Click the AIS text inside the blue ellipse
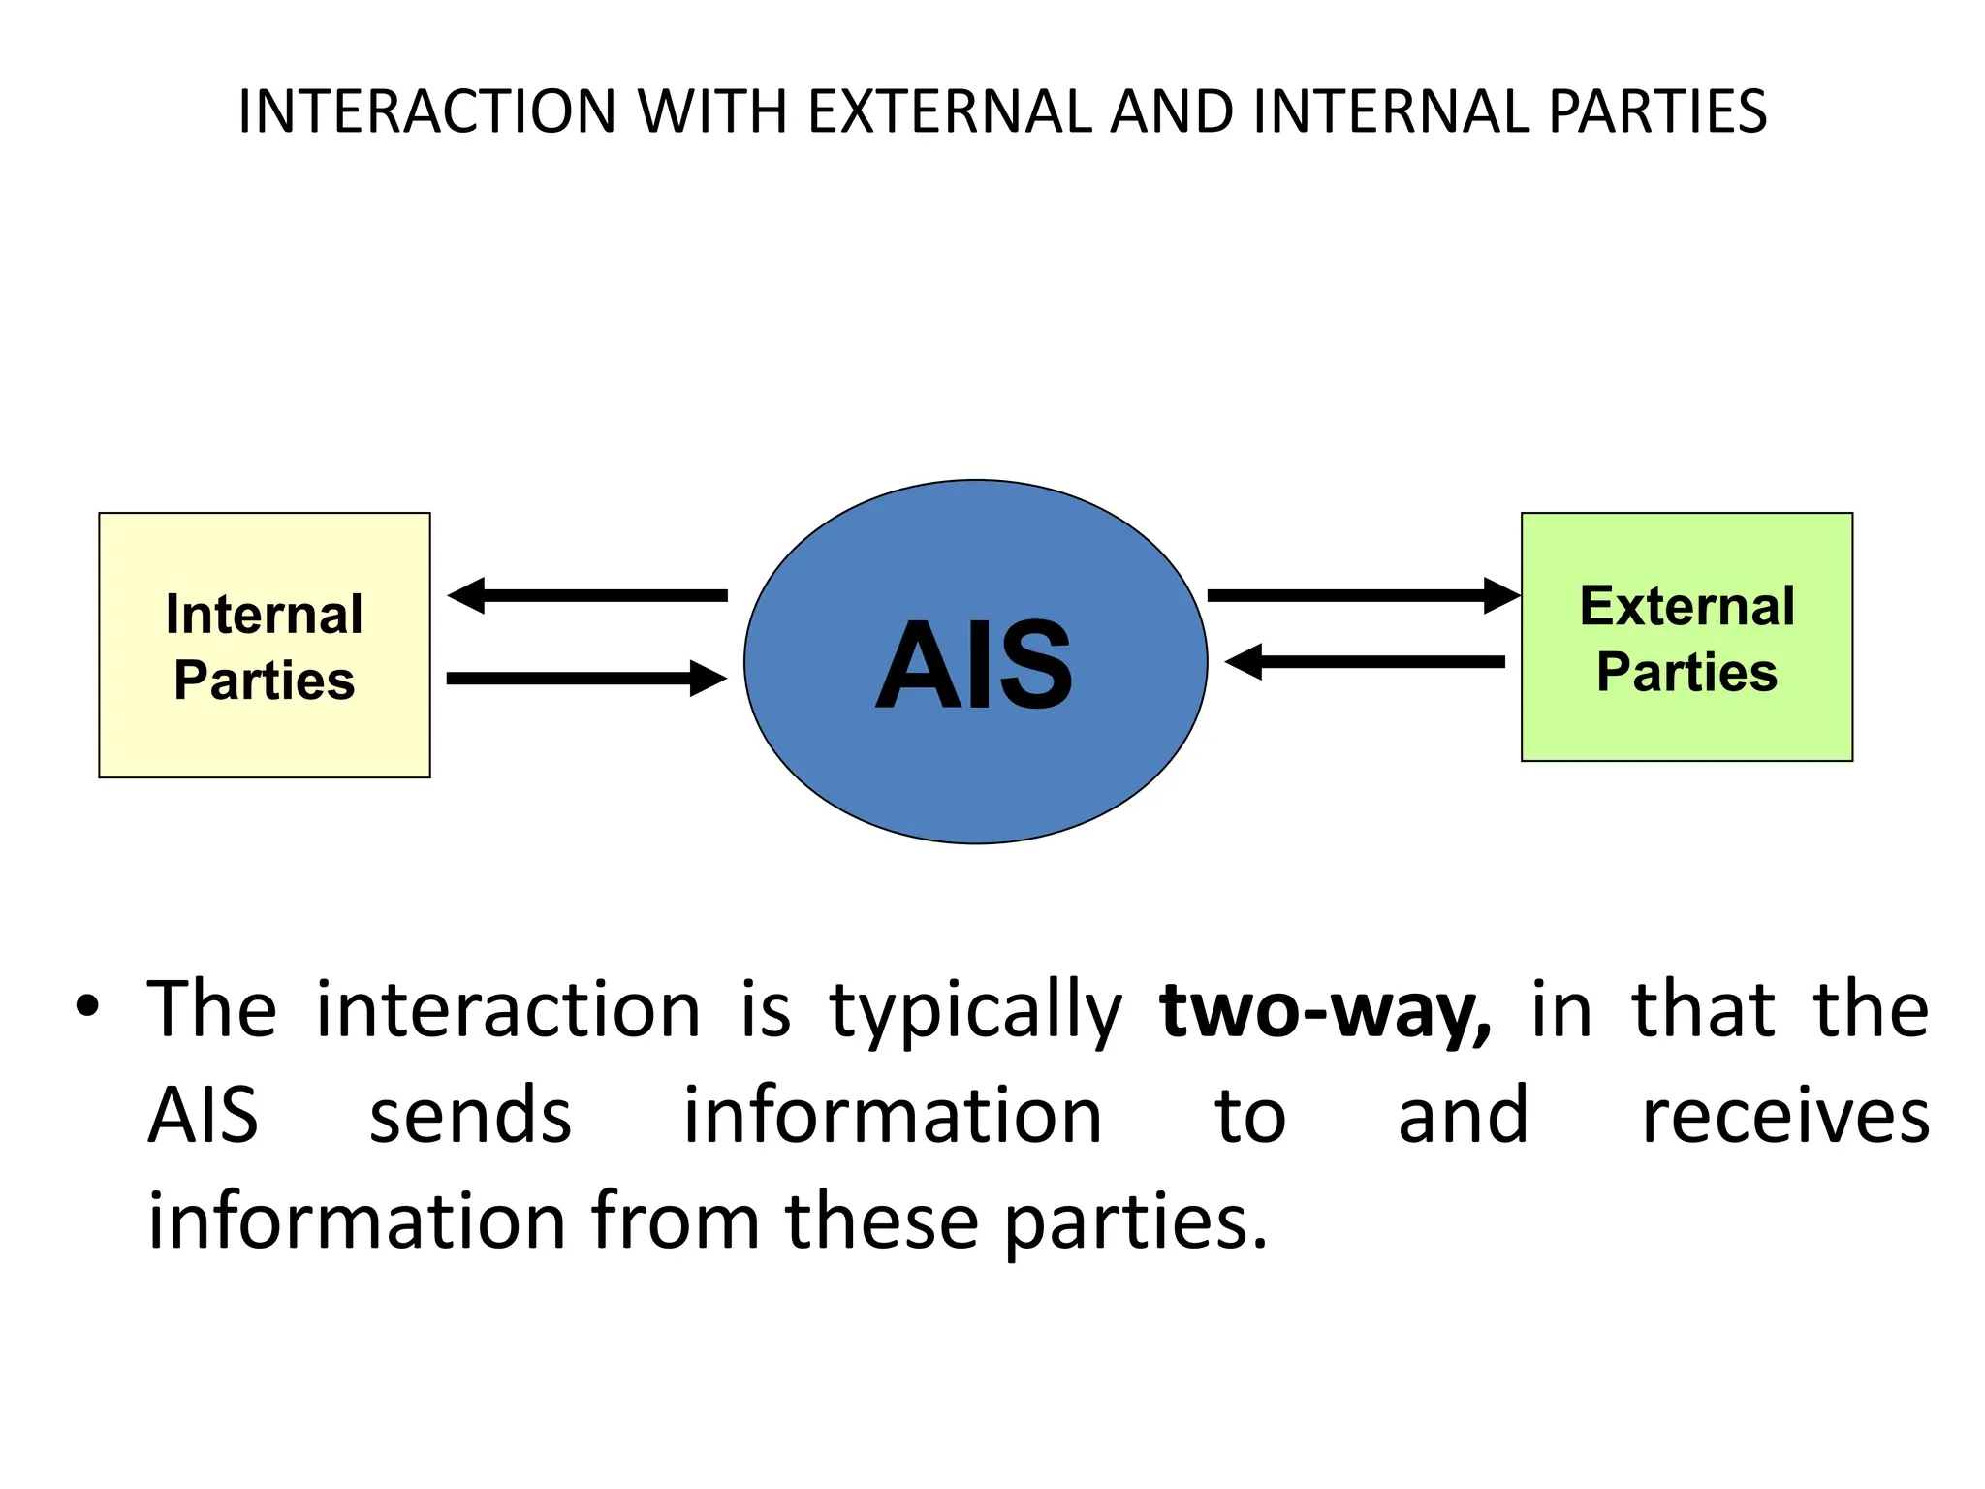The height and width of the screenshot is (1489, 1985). [974, 666]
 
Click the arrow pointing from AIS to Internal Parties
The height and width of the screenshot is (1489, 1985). [587, 595]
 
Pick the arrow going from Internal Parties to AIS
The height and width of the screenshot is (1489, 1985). [586, 678]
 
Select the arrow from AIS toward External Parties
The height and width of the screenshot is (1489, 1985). [1362, 595]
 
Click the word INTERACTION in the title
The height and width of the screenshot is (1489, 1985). [427, 111]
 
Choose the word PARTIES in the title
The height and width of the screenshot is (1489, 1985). [1657, 111]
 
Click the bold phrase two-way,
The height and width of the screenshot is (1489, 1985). [1325, 1011]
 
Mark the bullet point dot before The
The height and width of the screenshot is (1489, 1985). [87, 1006]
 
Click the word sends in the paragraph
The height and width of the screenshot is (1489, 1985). [471, 1117]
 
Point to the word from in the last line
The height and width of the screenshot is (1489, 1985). [676, 1221]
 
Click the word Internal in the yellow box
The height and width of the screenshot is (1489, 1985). [264, 615]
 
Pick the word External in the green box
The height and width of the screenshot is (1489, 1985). [1686, 607]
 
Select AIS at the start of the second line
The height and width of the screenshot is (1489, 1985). [204, 1117]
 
